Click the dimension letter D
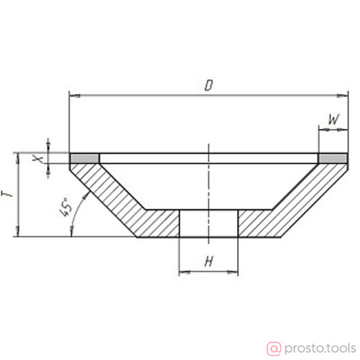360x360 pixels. [209, 85]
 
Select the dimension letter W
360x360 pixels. [334, 119]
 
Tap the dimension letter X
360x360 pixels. [38, 158]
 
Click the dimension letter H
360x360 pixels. [209, 261]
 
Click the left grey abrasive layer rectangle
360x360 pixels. [85, 158]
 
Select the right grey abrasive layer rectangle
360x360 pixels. [333, 158]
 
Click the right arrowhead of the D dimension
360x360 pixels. [343, 95]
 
